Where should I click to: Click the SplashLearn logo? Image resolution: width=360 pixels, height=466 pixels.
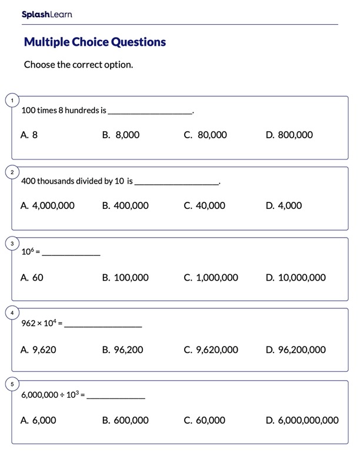point(46,14)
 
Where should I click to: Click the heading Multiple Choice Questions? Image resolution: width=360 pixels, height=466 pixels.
point(95,42)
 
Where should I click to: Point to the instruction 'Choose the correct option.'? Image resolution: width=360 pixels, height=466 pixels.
point(78,65)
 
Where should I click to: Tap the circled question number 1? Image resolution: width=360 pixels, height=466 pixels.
point(12,101)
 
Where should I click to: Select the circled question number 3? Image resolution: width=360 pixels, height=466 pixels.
point(12,243)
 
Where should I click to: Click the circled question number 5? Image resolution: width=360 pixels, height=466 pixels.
point(12,385)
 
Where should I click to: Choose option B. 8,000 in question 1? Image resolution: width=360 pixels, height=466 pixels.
point(121,135)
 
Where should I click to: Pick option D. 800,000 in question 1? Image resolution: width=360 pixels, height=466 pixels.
point(289,135)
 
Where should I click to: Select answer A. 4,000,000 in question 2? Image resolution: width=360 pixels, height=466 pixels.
point(47,206)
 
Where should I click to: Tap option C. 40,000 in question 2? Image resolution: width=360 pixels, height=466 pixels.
point(204,206)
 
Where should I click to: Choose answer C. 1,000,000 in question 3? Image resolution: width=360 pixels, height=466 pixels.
point(211,278)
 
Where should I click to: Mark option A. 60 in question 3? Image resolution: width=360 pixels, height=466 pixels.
point(32,278)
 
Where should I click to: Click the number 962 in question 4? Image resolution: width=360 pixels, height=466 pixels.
point(28,323)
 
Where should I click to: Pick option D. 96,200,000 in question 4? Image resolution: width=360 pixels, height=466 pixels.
point(295,350)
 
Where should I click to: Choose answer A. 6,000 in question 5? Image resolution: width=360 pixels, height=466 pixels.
point(38,421)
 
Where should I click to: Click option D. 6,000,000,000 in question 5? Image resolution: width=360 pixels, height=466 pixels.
point(302,421)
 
